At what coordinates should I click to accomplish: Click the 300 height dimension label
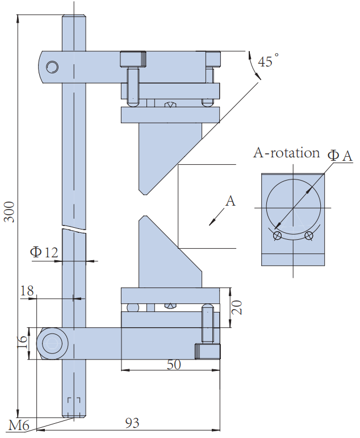[x=10, y=212]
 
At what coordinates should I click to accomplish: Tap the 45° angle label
[x=268, y=61]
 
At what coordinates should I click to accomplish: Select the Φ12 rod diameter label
[x=44, y=252]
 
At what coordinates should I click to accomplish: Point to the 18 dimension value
[x=27, y=291]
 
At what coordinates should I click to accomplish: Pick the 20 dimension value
[x=237, y=307]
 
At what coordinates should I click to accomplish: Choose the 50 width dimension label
[x=174, y=365]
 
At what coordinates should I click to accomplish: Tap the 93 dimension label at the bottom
[x=132, y=423]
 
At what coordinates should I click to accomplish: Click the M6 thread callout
[x=19, y=426]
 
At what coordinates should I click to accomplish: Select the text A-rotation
[x=287, y=153]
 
